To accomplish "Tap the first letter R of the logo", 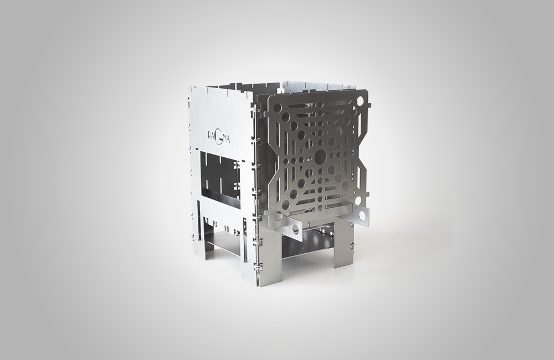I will pyautogui.click(x=209, y=135).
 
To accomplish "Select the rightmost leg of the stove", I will pyautogui.click(x=343, y=244).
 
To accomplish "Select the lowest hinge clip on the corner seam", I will pyautogui.click(x=257, y=268).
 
